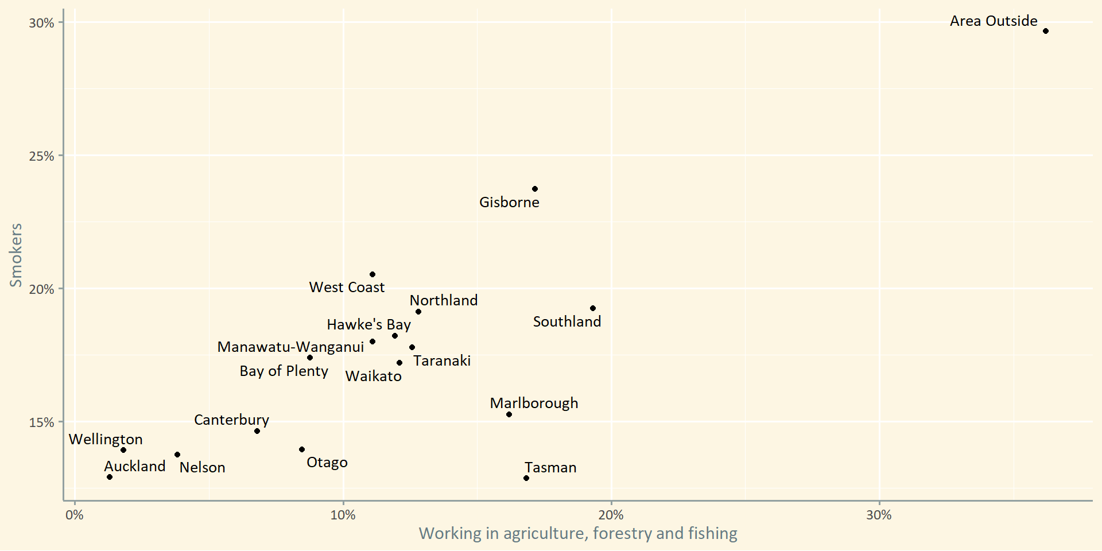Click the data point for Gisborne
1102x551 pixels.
click(535, 189)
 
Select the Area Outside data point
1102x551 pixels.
click(1046, 31)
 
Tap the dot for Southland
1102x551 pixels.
click(593, 308)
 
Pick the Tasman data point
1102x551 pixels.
click(526, 478)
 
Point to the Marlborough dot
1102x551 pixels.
click(509, 414)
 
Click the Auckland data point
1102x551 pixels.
click(110, 477)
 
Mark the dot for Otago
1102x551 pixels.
click(302, 449)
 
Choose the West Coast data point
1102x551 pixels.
click(372, 274)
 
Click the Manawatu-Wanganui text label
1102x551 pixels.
click(290, 347)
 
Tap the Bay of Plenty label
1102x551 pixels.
click(284, 371)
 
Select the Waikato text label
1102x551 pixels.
click(373, 377)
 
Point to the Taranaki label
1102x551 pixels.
click(442, 361)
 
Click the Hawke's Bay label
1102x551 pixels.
click(368, 325)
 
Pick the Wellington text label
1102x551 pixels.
click(106, 440)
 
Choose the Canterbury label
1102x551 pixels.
click(231, 420)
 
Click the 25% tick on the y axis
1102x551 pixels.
click(41, 156)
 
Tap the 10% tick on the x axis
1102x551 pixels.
click(343, 515)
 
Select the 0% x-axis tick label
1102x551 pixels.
click(75, 515)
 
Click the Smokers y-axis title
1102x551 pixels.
click(16, 255)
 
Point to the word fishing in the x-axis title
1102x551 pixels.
click(712, 534)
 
